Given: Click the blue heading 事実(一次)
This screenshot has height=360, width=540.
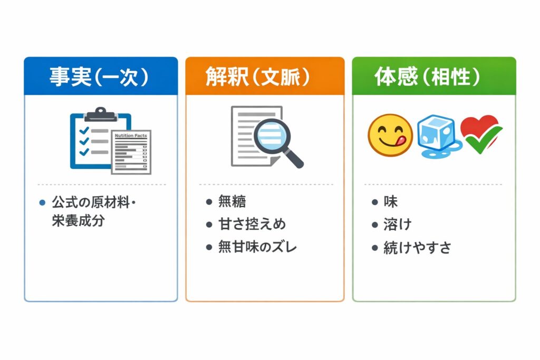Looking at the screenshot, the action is pyautogui.click(x=99, y=76).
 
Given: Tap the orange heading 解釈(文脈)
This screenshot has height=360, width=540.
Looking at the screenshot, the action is pyautogui.click(x=257, y=76).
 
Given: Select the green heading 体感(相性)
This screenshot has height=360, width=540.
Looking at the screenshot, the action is pyautogui.click(x=427, y=76).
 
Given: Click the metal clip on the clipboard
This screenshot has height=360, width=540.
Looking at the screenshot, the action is pyautogui.click(x=101, y=114).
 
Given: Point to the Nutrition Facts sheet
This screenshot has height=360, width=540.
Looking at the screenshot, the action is pyautogui.click(x=131, y=152).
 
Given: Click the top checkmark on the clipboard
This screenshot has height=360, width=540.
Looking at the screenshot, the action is pyautogui.click(x=84, y=130).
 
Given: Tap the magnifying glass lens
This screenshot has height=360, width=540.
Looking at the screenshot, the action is pyautogui.click(x=272, y=135).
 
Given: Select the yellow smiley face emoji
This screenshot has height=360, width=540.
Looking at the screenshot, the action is pyautogui.click(x=390, y=135).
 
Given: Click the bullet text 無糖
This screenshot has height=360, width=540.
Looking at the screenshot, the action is pyautogui.click(x=232, y=201).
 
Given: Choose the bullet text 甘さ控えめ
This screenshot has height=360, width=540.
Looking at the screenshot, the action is pyautogui.click(x=252, y=224).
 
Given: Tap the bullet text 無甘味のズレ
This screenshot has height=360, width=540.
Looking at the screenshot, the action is pyautogui.click(x=257, y=247).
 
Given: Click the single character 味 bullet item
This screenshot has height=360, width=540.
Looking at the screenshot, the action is pyautogui.click(x=391, y=201).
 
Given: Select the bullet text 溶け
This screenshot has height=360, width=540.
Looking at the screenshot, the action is pyautogui.click(x=398, y=225).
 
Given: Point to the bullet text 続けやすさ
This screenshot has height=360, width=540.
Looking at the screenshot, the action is pyautogui.click(x=418, y=247).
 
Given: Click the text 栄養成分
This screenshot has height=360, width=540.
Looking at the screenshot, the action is pyautogui.click(x=78, y=221).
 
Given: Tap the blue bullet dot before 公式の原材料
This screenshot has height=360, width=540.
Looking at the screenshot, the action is pyautogui.click(x=42, y=202).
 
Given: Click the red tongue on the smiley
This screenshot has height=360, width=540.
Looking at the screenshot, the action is pyautogui.click(x=402, y=140).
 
